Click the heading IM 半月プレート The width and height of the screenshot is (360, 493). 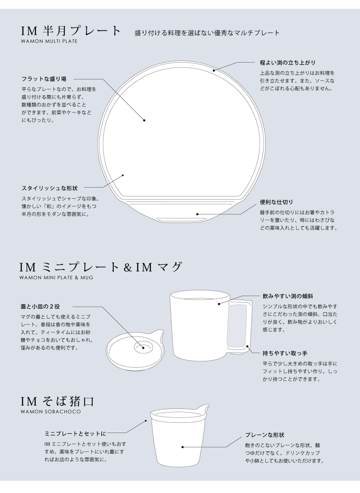click(x=71, y=31)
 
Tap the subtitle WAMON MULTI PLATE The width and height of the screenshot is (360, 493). click(x=49, y=41)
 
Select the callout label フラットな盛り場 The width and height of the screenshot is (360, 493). click(x=44, y=79)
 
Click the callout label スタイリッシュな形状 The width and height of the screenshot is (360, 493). click(x=50, y=188)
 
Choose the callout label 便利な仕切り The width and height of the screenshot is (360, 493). click(x=276, y=202)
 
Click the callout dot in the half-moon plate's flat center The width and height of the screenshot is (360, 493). click(x=144, y=120)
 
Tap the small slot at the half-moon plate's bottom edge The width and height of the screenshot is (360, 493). click(x=182, y=219)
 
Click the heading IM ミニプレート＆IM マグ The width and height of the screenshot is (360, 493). click(x=101, y=267)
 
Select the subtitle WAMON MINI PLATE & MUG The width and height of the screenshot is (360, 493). click(x=56, y=278)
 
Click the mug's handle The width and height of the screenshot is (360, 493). click(x=240, y=325)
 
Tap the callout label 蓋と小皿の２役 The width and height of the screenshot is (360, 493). click(x=40, y=307)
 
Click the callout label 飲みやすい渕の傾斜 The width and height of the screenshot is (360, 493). click(x=288, y=296)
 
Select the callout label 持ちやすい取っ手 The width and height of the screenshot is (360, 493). click(x=285, y=353)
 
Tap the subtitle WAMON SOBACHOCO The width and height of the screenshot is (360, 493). click(x=51, y=412)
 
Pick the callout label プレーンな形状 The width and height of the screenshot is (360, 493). click(x=265, y=435)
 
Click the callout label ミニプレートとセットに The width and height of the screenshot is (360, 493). click(x=76, y=434)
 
